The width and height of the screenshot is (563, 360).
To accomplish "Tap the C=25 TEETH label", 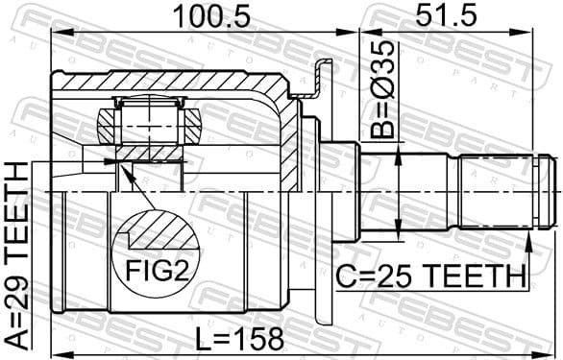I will [430, 277].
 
